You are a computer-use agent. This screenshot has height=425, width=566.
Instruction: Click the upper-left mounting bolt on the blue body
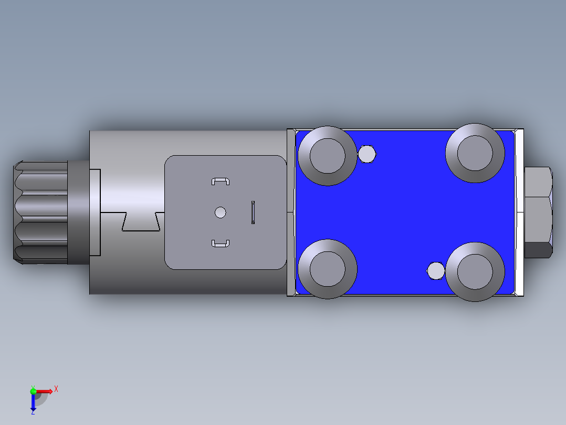click(328, 156)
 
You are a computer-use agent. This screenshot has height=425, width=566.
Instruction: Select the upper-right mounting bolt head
click(475, 153)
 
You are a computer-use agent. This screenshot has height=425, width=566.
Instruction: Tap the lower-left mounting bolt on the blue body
click(328, 269)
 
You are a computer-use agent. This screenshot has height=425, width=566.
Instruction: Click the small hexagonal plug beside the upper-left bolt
click(367, 154)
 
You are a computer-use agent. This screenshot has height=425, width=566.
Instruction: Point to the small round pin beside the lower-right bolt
click(436, 271)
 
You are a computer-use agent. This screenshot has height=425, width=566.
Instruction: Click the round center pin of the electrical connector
click(221, 212)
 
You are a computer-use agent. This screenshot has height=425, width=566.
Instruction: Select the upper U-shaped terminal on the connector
click(221, 181)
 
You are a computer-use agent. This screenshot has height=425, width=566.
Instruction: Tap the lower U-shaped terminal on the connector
click(221, 243)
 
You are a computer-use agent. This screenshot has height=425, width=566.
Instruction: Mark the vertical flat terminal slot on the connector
click(253, 212)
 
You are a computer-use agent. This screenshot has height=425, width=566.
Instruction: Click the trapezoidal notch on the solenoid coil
click(141, 221)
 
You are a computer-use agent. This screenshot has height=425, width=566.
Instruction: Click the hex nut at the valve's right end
click(538, 212)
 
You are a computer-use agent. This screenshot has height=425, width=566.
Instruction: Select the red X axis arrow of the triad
click(45, 391)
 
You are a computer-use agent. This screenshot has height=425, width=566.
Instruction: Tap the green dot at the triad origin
click(33, 391)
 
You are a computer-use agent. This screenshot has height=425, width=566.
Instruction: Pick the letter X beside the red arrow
click(56, 389)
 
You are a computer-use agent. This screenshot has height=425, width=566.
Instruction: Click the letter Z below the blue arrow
click(33, 412)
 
